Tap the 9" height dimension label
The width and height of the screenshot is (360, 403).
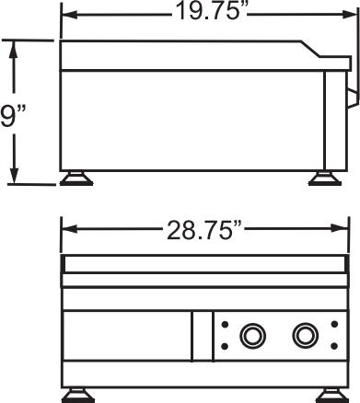point(13,115)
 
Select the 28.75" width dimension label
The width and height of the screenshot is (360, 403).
point(204,230)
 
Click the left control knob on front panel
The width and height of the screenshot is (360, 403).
point(252,335)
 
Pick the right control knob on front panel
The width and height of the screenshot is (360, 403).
point(305,335)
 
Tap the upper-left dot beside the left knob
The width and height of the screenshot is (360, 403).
point(225,324)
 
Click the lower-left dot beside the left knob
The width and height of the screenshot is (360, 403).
point(225,346)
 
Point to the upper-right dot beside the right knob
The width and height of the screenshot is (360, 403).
point(334,324)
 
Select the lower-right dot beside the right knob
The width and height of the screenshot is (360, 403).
point(334,346)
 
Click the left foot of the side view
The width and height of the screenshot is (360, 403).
point(76,178)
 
